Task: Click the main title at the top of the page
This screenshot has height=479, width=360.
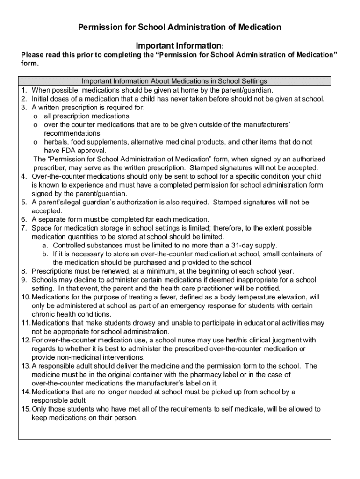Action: pos(180,27)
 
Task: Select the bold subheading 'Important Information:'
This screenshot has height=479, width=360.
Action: pos(180,46)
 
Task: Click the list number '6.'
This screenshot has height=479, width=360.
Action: pos(23,219)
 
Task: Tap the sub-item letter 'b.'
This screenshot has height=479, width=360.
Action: pos(45,254)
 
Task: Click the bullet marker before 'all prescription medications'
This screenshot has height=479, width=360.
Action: pos(36,116)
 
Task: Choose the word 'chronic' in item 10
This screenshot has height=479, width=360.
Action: pos(43,314)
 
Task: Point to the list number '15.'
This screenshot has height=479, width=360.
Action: pos(25,409)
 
